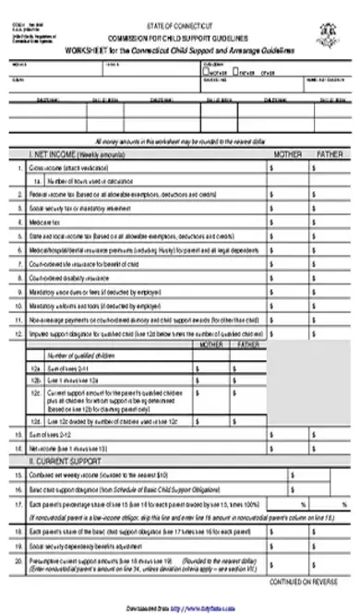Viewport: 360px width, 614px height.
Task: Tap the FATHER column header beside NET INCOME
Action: point(329,154)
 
